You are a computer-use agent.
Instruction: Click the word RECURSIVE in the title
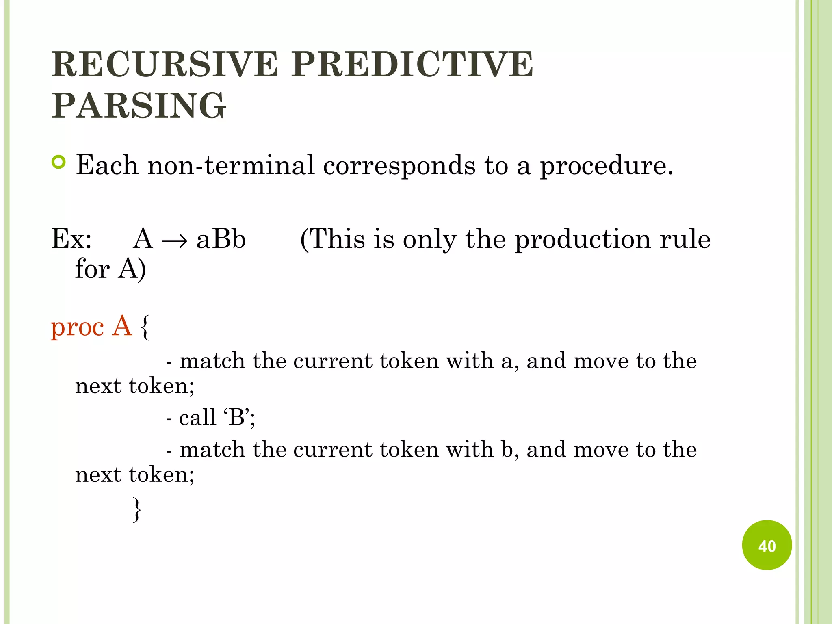click(x=165, y=64)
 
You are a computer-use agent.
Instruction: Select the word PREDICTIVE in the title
click(x=412, y=64)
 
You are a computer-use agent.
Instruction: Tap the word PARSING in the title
click(x=139, y=105)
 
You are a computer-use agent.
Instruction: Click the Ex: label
click(x=71, y=239)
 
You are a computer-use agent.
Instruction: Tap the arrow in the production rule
click(x=175, y=241)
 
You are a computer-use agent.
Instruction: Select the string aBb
click(x=221, y=239)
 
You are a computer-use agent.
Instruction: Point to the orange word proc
click(x=77, y=327)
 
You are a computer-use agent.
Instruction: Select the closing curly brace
click(x=137, y=509)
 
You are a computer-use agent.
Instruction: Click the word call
click(x=197, y=417)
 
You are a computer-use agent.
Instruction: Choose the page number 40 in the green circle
click(x=767, y=546)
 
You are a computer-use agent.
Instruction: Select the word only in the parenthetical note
click(x=429, y=239)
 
